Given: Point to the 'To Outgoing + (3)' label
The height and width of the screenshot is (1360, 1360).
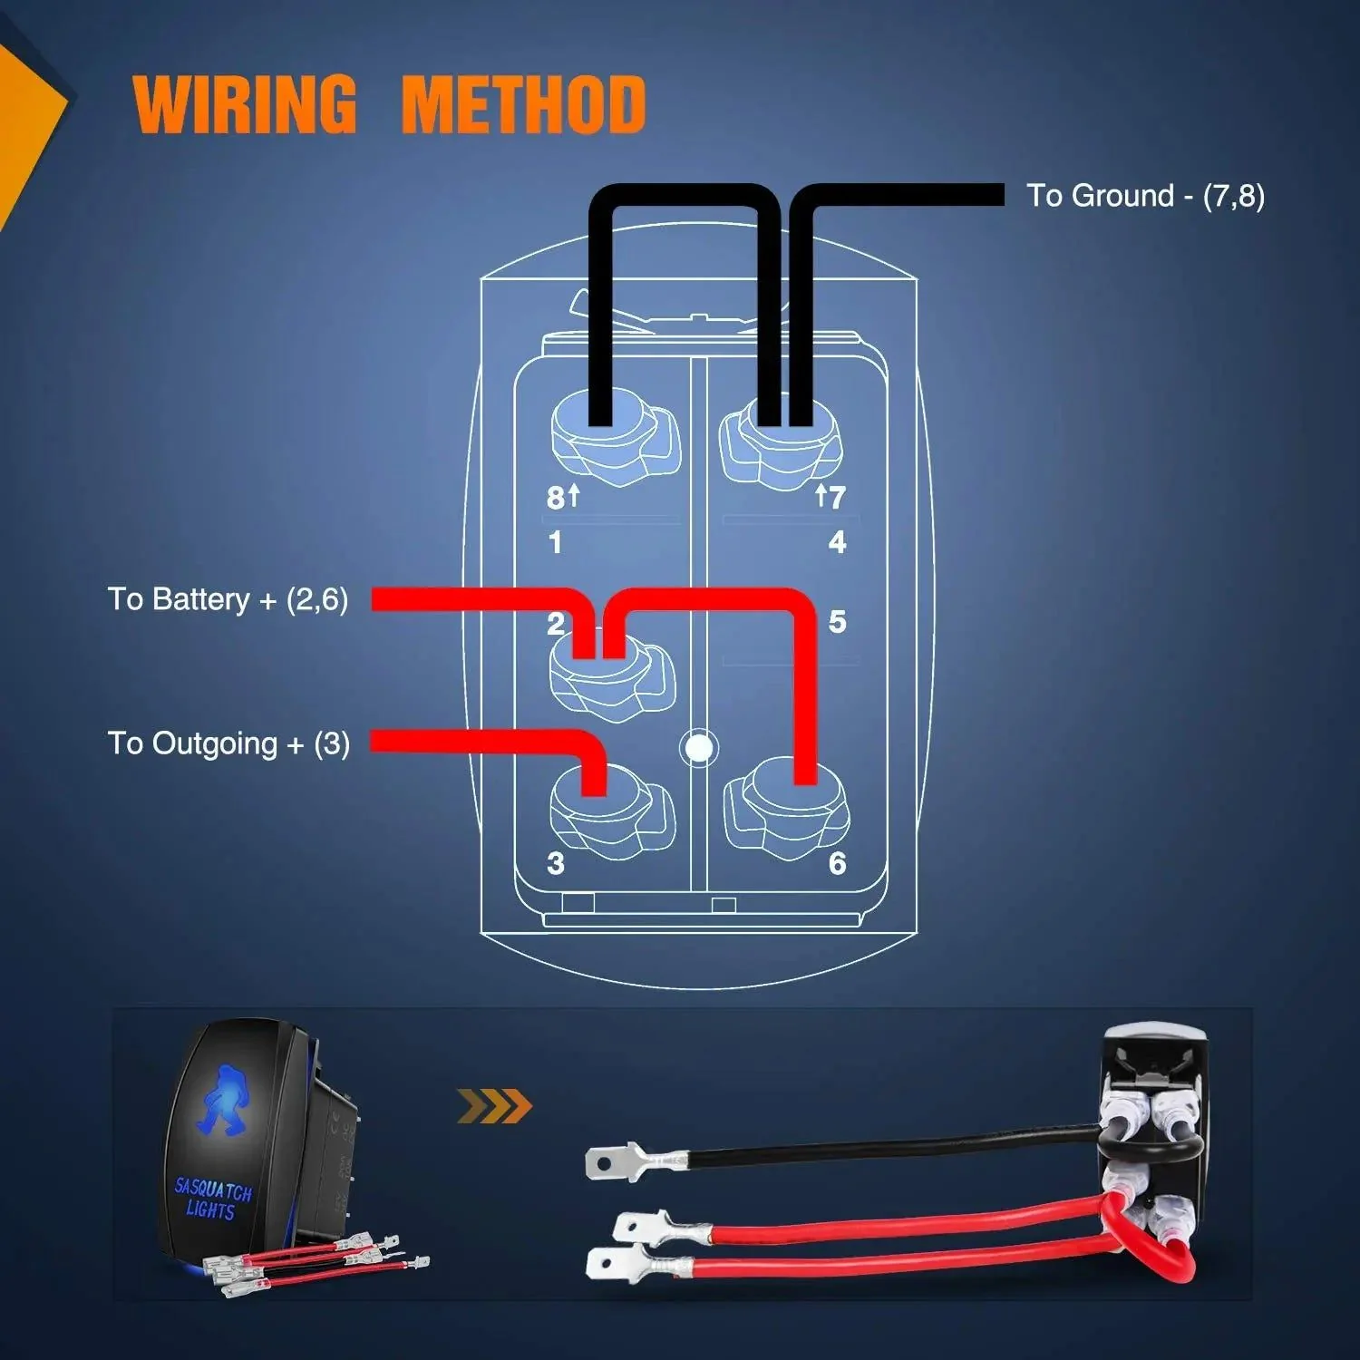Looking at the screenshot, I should [x=228, y=743].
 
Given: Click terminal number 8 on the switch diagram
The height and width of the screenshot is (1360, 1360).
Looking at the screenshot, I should [x=556, y=498].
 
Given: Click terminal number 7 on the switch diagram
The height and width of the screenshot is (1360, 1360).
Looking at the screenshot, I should [x=836, y=497].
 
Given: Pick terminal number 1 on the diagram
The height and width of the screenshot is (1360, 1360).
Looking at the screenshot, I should [x=555, y=542].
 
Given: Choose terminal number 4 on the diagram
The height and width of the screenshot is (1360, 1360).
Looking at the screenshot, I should [x=837, y=542].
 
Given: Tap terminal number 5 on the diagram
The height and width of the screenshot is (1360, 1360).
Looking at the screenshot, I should [x=837, y=622].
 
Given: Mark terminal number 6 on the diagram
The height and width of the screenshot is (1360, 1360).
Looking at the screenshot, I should [x=837, y=863].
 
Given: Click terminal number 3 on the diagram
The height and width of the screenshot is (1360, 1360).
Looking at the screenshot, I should [x=556, y=863].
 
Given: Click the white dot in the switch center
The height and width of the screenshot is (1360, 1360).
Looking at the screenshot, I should [x=699, y=748].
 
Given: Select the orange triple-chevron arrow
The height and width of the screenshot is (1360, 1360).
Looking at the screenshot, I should [x=494, y=1106].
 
